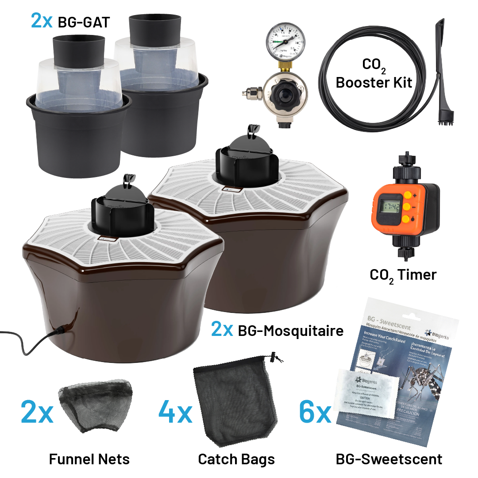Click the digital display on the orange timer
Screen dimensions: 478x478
coord(391,207)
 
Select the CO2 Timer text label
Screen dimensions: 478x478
coord(403,275)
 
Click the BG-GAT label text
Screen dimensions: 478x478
coord(84,22)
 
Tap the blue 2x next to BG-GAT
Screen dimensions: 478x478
coord(42,21)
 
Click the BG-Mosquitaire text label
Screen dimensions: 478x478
coord(290,330)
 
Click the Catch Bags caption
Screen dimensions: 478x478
coord(236,459)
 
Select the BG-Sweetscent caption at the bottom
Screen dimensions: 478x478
coord(389,459)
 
